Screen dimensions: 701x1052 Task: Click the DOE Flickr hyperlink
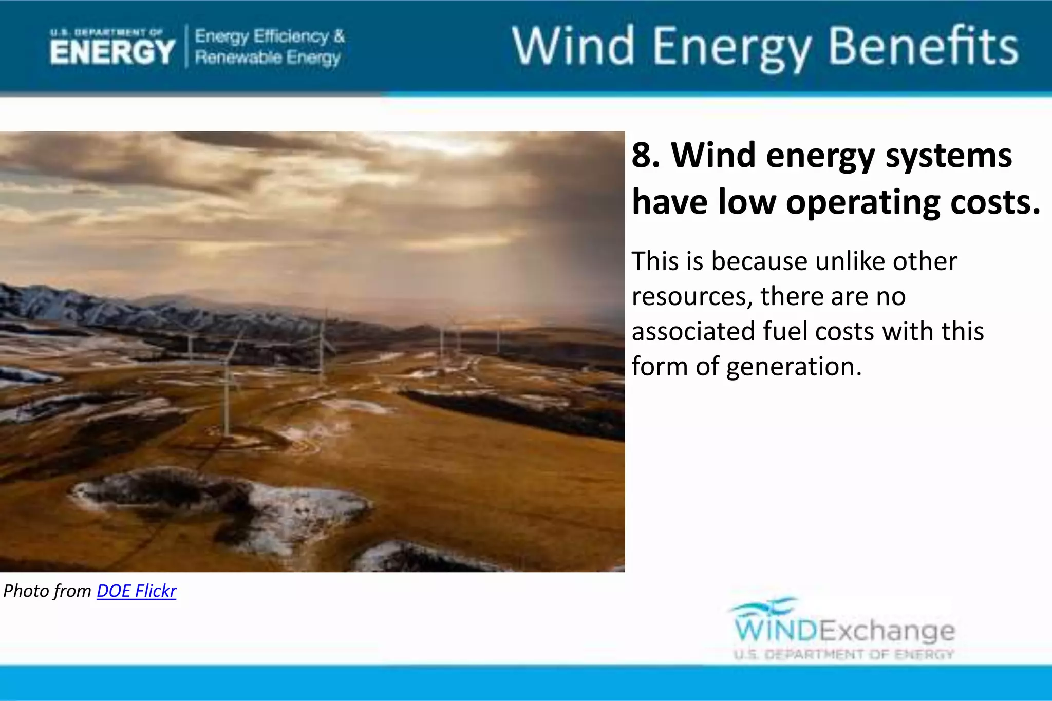click(x=136, y=591)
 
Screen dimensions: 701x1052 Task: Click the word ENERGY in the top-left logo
click(x=112, y=52)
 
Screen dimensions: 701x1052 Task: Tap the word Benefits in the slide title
click(x=923, y=47)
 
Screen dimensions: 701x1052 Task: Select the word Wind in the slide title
click(x=573, y=47)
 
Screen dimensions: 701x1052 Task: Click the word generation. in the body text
click(x=794, y=367)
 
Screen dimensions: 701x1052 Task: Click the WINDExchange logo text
click(x=844, y=631)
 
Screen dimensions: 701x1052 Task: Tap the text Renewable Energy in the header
click(x=268, y=58)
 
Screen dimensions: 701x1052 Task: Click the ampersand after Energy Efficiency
click(x=339, y=36)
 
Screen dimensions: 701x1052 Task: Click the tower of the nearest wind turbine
click(x=226, y=401)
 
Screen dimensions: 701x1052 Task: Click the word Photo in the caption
click(x=25, y=591)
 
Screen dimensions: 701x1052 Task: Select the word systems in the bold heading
click(x=948, y=155)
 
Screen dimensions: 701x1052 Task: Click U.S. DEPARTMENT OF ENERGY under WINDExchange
click(x=844, y=654)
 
